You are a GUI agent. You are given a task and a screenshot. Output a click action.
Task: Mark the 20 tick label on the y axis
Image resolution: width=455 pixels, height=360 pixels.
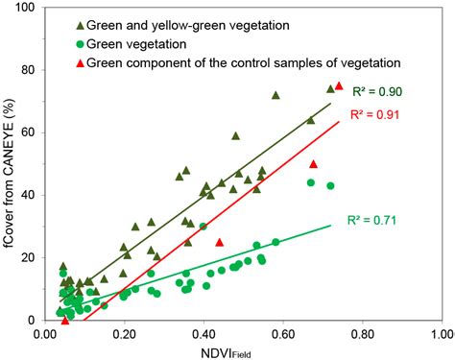point(29,257)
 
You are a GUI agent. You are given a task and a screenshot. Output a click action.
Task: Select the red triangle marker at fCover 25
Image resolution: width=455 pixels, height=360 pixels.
point(220,242)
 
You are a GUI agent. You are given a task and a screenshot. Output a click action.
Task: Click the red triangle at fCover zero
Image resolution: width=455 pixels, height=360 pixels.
point(65,320)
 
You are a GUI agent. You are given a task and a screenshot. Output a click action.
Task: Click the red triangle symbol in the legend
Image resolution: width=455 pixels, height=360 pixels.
point(79,63)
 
